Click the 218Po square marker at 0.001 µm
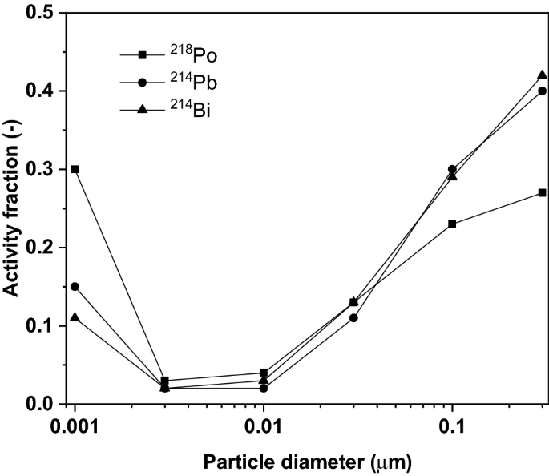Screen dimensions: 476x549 (x=75, y=169)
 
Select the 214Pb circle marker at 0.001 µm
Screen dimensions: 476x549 (x=75, y=286)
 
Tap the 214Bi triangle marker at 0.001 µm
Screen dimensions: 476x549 (x=75, y=317)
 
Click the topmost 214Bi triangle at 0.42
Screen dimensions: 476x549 (x=542, y=75)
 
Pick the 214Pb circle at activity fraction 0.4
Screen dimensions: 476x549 (x=542, y=91)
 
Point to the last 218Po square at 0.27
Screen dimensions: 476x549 (x=542, y=192)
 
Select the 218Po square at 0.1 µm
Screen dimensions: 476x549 (x=452, y=224)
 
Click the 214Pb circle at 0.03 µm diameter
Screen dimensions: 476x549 (x=353, y=317)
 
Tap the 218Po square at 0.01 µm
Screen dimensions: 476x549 (x=264, y=373)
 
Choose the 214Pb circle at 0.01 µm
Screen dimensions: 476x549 (x=264, y=388)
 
